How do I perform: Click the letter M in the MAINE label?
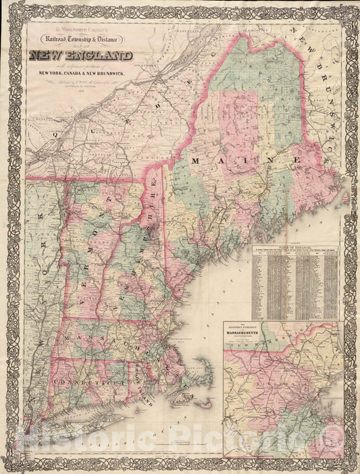coord(197,161)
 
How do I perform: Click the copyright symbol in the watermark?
coord(332,440)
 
